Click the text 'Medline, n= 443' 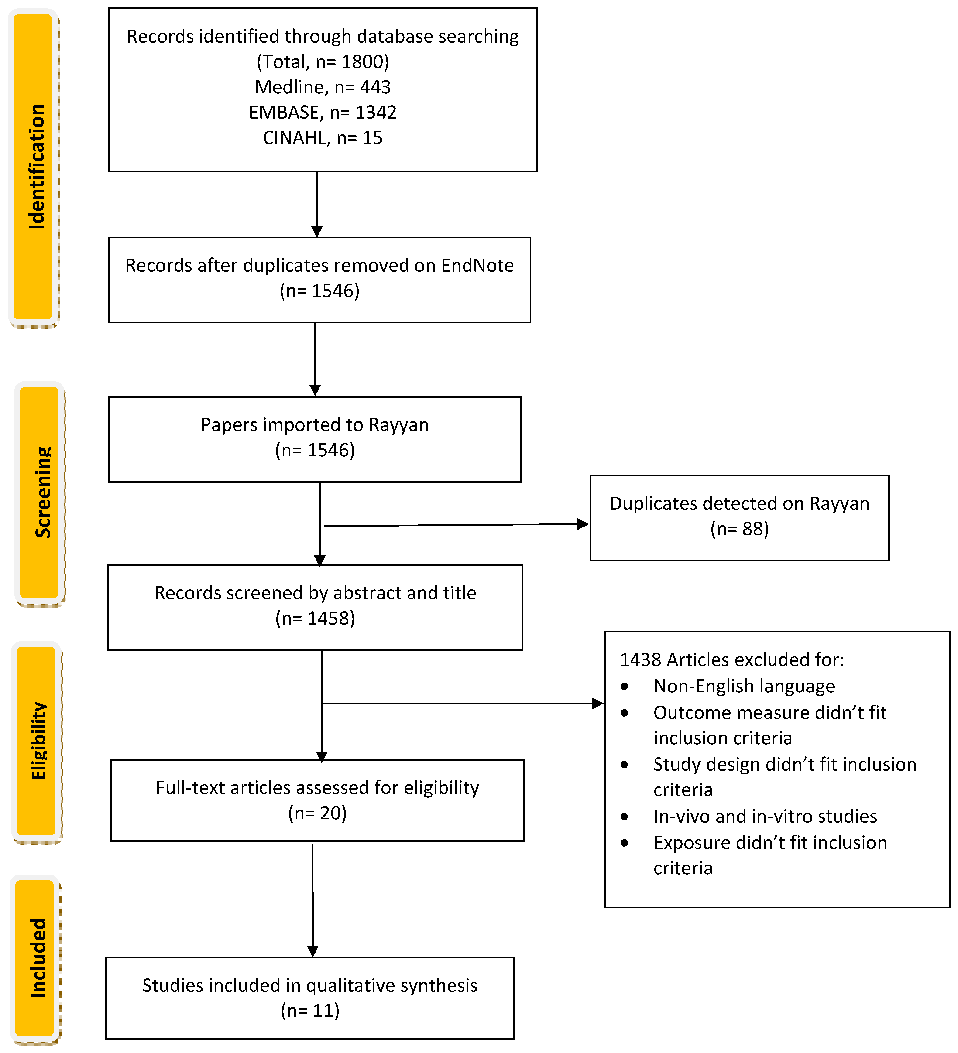pyautogui.click(x=322, y=87)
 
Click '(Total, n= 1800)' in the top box pyautogui.click(x=322, y=62)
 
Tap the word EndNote pyautogui.click(x=477, y=265)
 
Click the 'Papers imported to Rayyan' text pyautogui.click(x=314, y=425)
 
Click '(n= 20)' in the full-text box pyautogui.click(x=317, y=813)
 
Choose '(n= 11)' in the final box pyautogui.click(x=310, y=1010)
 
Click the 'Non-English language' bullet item pyautogui.click(x=744, y=686)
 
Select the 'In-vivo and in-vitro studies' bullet pyautogui.click(x=765, y=816)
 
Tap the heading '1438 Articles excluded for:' pyautogui.click(x=732, y=660)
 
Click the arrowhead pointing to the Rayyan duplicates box pyautogui.click(x=583, y=524)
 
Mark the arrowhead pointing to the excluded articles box pyautogui.click(x=597, y=703)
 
